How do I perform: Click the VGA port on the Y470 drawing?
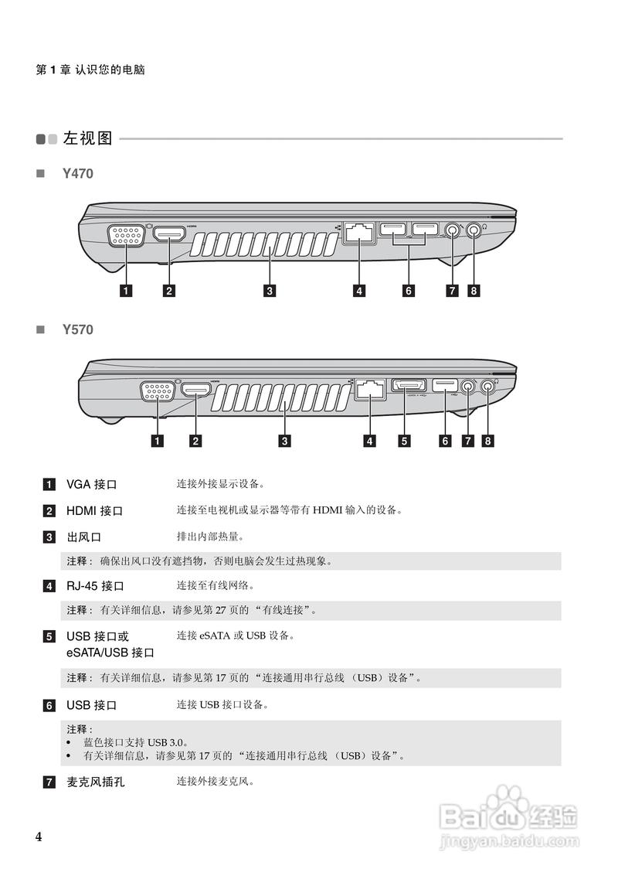tap(125, 235)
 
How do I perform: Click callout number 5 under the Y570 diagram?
tap(404, 441)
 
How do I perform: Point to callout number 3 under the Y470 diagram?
tap(269, 291)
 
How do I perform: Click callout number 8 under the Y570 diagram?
tap(487, 441)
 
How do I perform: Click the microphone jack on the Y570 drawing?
tap(467, 385)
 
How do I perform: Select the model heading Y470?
tap(77, 174)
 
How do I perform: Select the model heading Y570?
tap(77, 329)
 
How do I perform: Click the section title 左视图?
tap(88, 139)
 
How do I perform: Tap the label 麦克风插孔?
tap(95, 782)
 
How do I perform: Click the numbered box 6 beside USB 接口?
tap(49, 706)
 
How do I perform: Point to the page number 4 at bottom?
tap(39, 837)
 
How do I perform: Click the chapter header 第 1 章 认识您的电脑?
tap(90, 70)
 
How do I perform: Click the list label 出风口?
tap(84, 537)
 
